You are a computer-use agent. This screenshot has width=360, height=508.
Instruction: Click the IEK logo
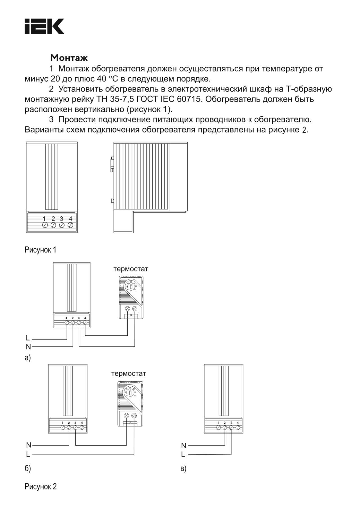(44, 26)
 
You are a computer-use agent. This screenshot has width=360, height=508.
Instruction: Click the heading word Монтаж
(69, 58)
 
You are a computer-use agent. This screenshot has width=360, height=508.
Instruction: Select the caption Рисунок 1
(40, 250)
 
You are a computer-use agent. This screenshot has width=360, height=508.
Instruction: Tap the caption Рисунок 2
(40, 486)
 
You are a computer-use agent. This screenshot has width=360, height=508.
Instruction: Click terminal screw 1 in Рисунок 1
(45, 225)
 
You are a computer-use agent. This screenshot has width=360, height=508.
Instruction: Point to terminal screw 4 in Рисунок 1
(71, 225)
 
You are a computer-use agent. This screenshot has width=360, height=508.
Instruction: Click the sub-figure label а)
(28, 358)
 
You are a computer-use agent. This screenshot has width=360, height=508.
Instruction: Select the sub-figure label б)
(28, 468)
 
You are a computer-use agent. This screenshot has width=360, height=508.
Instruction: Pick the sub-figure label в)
(183, 468)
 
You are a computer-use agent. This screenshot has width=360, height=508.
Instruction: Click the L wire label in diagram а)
(28, 338)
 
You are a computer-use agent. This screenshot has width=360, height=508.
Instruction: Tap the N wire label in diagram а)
(28, 347)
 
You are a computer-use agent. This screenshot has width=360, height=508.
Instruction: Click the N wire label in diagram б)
(28, 445)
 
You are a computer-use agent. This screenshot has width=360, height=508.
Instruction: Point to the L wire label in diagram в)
(183, 454)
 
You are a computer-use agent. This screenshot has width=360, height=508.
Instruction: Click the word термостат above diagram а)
(130, 269)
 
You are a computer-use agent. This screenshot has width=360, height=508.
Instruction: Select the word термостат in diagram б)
(129, 374)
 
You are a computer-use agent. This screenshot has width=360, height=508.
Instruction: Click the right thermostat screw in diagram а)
(135, 309)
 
